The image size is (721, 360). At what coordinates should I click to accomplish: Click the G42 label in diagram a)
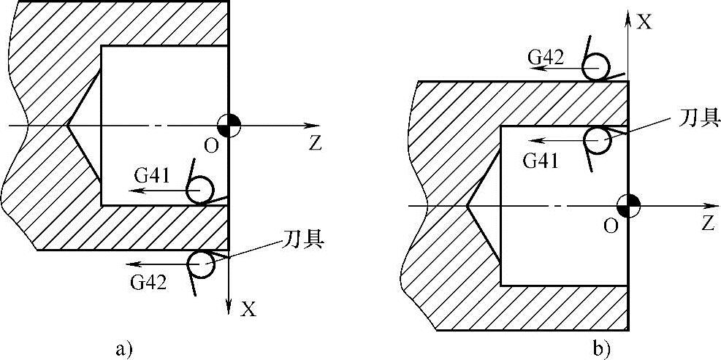pyautogui.click(x=148, y=280)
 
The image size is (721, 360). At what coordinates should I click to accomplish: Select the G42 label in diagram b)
pyautogui.click(x=548, y=57)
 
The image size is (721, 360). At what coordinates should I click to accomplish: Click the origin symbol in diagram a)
pyautogui.click(x=229, y=125)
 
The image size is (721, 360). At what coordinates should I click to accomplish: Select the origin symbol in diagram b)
pyautogui.click(x=629, y=205)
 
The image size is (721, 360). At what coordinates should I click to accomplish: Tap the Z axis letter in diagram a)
pyautogui.click(x=315, y=144)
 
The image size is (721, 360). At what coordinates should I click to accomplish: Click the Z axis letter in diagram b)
pyautogui.click(x=706, y=224)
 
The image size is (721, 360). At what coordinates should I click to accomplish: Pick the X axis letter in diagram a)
pyautogui.click(x=249, y=310)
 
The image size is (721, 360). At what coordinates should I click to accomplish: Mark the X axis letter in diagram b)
pyautogui.click(x=644, y=22)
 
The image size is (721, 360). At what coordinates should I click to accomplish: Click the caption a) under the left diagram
pyautogui.click(x=123, y=348)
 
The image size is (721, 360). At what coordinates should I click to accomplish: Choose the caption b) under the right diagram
pyautogui.click(x=602, y=348)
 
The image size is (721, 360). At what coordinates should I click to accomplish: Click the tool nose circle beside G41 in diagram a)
pyautogui.click(x=199, y=191)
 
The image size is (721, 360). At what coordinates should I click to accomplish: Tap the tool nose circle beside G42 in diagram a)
pyautogui.click(x=201, y=264)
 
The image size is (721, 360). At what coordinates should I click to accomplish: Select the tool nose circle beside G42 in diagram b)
pyautogui.click(x=596, y=68)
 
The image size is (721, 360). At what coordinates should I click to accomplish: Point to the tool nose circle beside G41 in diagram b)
pyautogui.click(x=598, y=140)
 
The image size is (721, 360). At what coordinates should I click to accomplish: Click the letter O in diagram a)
pyautogui.click(x=211, y=146)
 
